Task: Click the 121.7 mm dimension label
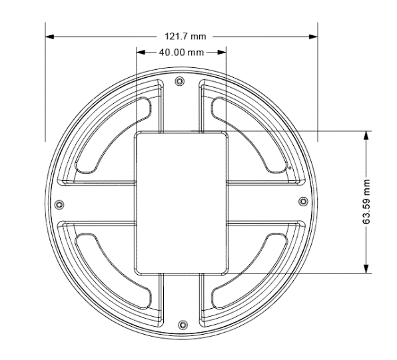(185, 37)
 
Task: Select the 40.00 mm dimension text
(181, 53)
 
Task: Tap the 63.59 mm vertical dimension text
(366, 202)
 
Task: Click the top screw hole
(180, 81)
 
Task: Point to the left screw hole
(59, 204)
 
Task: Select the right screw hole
(303, 202)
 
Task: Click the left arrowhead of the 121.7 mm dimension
(49, 37)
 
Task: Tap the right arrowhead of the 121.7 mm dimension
(314, 37)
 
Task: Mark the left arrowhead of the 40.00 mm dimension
(141, 53)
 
